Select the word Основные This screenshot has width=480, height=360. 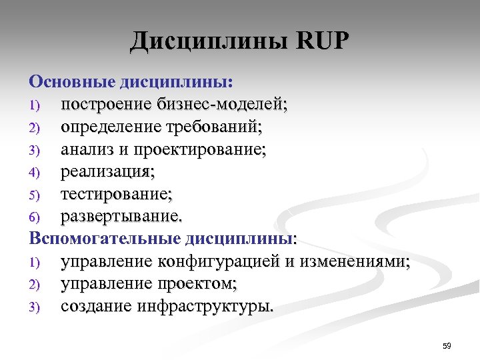(71, 82)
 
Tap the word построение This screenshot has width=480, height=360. (106, 105)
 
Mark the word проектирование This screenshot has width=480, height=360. (199, 149)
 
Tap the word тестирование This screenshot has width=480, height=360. (116, 194)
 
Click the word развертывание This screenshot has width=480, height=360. (121, 217)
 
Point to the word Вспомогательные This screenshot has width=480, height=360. (105, 239)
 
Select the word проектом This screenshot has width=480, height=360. (196, 284)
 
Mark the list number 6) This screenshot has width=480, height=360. (35, 217)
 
